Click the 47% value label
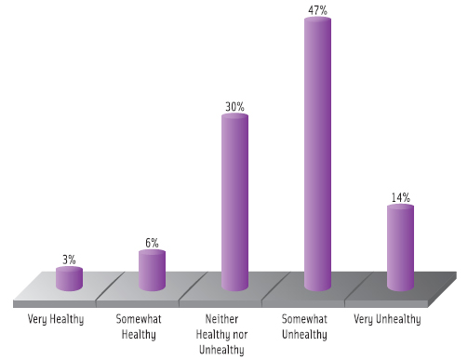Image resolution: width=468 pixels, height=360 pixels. tap(317, 8)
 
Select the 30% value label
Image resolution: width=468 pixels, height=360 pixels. tap(234, 107)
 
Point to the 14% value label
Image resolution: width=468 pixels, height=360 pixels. tap(400, 197)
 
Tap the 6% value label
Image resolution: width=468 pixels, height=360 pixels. tap(152, 243)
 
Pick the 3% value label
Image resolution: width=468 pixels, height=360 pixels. tap(69, 260)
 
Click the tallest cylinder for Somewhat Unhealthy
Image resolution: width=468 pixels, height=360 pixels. tap(317, 158)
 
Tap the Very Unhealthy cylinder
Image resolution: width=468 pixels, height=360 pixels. tap(400, 249)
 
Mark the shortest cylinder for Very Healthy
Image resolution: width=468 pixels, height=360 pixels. tap(69, 279)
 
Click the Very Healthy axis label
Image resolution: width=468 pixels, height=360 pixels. tap(56, 320)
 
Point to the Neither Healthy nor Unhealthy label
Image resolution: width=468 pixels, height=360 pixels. tap(223, 334)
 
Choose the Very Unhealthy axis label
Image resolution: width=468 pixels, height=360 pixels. tap(388, 320)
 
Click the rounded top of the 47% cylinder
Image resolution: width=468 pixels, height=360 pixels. tap(317, 22)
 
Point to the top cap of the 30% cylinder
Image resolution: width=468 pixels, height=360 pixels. tap(234, 119)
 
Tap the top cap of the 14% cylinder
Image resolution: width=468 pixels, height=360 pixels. tap(400, 209)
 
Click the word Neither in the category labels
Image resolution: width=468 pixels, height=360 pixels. tap(223, 319)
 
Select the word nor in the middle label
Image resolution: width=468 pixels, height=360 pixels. tap(241, 334)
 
